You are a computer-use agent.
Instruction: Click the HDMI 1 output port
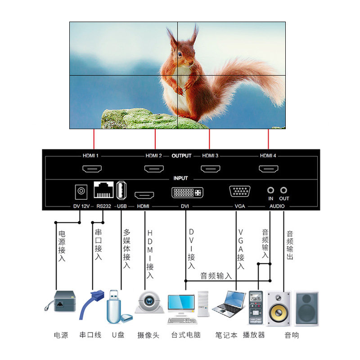(x=91, y=169)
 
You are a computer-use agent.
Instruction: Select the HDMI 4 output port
(x=268, y=169)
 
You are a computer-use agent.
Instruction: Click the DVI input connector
(x=187, y=192)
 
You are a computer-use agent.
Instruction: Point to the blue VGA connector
(x=240, y=191)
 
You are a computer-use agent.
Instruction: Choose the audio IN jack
(x=270, y=191)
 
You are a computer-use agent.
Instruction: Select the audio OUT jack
(x=283, y=191)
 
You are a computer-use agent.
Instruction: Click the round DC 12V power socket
(x=81, y=191)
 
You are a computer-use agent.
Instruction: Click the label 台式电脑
(x=186, y=335)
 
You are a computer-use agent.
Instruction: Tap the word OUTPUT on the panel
(x=181, y=156)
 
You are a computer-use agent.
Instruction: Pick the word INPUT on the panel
(x=180, y=178)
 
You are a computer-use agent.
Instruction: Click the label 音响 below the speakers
(x=292, y=335)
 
